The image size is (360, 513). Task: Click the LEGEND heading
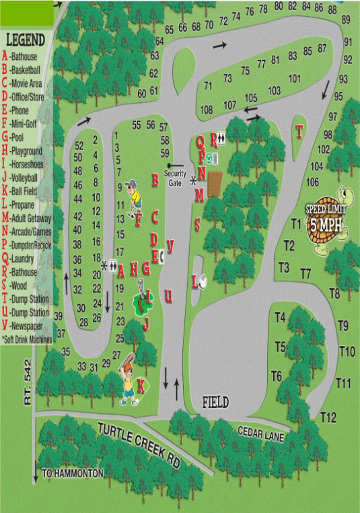pyautogui.click(x=25, y=39)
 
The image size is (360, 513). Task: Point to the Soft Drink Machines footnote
pyautogui.click(x=27, y=340)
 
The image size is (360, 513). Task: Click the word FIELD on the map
pyautogui.click(x=216, y=403)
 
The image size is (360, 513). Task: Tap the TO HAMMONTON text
pyautogui.click(x=73, y=473)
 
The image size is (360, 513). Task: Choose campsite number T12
pyautogui.click(x=328, y=417)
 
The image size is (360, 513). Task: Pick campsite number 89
pyautogui.click(x=346, y=20)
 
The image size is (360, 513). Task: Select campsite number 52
pyautogui.click(x=78, y=145)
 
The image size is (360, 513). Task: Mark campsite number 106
pyautogui.click(x=312, y=182)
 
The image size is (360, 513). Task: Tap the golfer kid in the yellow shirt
pyautogui.click(x=135, y=195)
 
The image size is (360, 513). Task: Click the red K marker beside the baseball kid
pyautogui.click(x=141, y=386)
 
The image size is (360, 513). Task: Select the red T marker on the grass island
pyautogui.click(x=299, y=132)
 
